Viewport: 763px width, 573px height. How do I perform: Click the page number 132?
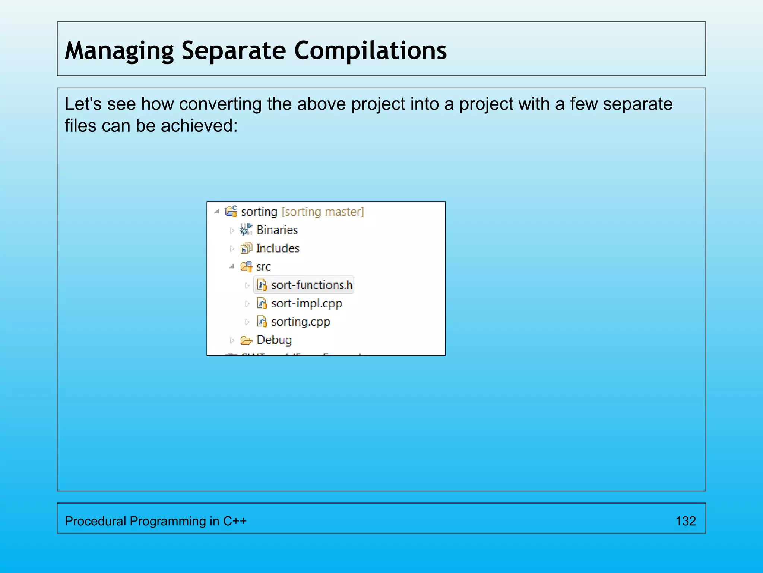[686, 521]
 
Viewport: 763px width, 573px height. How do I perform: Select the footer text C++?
[235, 521]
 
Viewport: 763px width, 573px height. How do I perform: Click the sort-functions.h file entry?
[311, 285]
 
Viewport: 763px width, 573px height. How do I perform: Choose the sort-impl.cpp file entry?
[306, 304]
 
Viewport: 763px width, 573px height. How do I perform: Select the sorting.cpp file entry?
[300, 322]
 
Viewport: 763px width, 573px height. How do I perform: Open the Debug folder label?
[274, 340]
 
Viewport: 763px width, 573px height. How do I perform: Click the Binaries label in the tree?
[277, 230]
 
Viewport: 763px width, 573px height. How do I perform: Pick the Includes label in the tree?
[278, 248]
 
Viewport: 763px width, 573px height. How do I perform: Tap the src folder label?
[263, 267]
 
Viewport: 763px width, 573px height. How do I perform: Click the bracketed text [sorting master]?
[323, 212]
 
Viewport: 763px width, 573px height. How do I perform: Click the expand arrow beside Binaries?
[232, 231]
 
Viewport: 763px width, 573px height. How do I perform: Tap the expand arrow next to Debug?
[232, 340]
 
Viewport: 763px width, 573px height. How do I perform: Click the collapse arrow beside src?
[232, 267]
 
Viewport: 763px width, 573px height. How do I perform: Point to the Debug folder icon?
[246, 340]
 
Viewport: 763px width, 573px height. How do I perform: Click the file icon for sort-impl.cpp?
[262, 304]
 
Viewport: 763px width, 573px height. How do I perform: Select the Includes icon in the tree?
[246, 248]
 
